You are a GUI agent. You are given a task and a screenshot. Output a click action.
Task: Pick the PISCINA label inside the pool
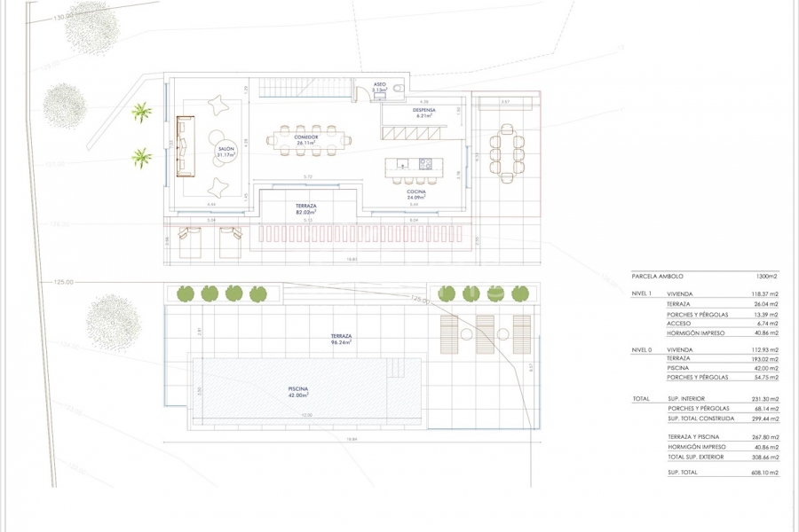[299, 390]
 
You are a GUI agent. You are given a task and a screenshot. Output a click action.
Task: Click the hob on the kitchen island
[423, 164]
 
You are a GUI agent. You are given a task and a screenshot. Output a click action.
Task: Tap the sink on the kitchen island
[402, 164]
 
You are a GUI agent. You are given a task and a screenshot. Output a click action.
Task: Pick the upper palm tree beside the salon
[141, 112]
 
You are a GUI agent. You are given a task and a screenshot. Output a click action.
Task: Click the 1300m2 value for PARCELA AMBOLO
[768, 277]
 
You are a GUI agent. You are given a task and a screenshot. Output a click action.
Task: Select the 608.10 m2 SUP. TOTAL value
[763, 473]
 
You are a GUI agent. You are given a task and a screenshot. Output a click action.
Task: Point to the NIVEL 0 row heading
[642, 350]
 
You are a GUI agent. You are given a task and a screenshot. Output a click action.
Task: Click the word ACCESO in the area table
[679, 324]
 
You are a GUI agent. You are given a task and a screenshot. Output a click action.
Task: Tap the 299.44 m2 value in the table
[763, 419]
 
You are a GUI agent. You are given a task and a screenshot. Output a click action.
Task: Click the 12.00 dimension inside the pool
[306, 417]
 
